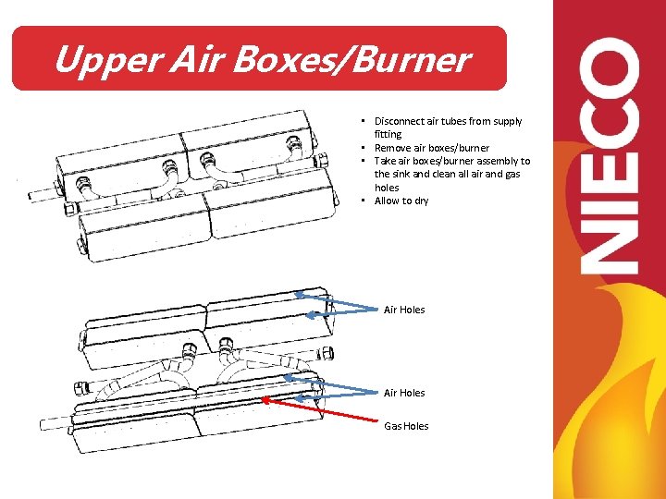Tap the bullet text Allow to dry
pos(401,201)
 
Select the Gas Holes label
pos(406,426)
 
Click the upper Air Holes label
pos(404,310)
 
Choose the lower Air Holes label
pos(404,393)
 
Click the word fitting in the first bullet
pos(388,134)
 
